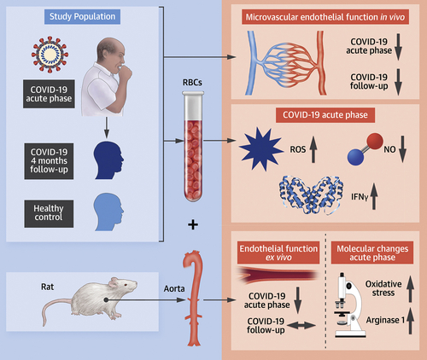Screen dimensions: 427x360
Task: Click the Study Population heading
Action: pos(82,17)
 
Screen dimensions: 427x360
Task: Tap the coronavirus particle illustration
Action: pos(50,55)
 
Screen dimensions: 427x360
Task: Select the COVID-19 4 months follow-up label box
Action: pos(49,161)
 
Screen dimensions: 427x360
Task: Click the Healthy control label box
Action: pos(49,213)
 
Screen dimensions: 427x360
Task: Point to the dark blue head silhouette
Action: pos(108,160)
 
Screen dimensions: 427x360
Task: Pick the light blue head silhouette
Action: pos(108,212)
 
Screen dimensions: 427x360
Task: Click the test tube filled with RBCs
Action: pos(193,146)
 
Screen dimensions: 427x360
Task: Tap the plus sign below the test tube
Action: pos(193,225)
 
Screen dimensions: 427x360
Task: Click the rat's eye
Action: pos(125,285)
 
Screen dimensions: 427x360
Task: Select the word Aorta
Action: pos(174,288)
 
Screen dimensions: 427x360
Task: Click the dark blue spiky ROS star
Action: pos(261,149)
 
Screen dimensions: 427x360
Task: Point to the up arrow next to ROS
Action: pos(313,149)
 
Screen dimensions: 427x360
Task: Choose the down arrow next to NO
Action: pos(402,149)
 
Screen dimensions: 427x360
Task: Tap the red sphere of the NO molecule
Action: pos(374,141)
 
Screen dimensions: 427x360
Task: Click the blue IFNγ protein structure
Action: pos(311,195)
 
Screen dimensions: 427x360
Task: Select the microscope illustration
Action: pos(349,305)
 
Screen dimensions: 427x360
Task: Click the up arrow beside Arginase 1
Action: pos(410,322)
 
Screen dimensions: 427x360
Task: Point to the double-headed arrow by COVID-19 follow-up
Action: pos(301,325)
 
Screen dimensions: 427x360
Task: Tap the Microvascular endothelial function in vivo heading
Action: pos(325,17)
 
